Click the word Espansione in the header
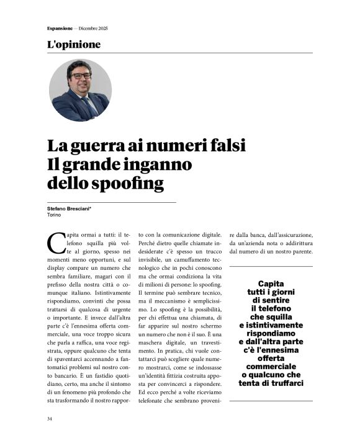pos(60,29)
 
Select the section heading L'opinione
pos(73,45)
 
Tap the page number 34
pos(49,419)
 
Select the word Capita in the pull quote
pos(271,283)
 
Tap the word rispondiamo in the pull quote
pos(271,333)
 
